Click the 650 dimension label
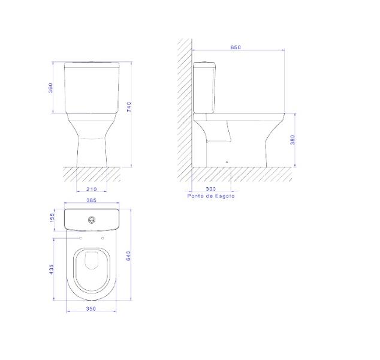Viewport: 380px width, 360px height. tap(236, 47)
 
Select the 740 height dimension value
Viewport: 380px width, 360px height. tap(129, 107)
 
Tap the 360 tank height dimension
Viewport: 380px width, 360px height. tap(50, 88)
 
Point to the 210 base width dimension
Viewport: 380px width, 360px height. tap(92, 189)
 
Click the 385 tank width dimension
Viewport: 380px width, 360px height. tap(91, 200)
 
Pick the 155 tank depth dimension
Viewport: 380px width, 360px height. tap(52, 217)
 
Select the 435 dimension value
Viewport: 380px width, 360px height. tap(52, 269)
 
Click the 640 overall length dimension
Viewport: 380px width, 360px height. tap(128, 256)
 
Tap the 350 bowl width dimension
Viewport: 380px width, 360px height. tap(91, 309)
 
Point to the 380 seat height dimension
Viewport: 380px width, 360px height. tap(292, 140)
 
